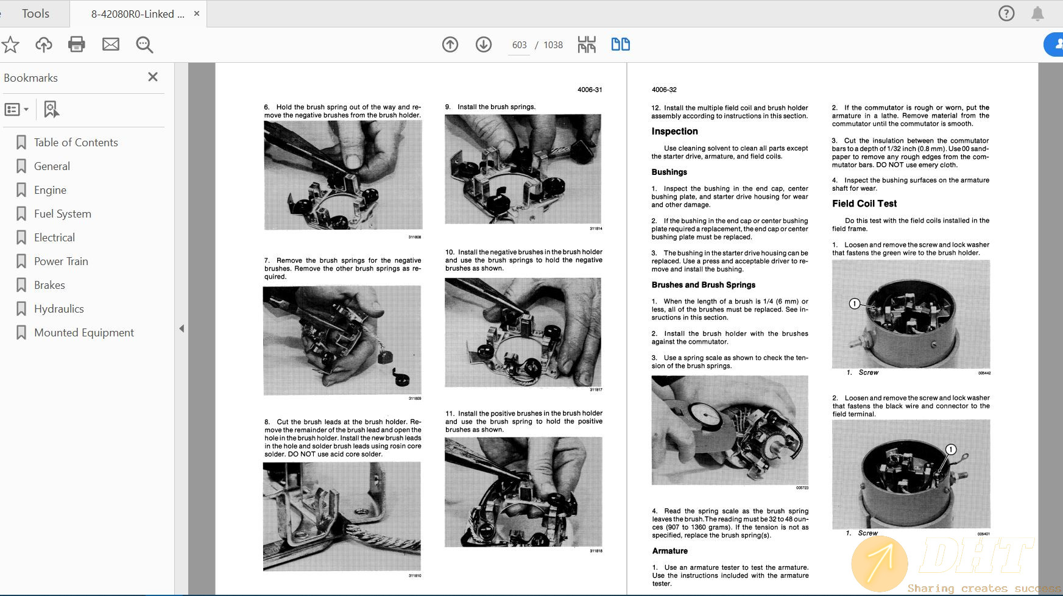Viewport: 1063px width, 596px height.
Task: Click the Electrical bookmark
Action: tap(54, 238)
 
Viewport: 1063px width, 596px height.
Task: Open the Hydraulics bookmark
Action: tap(58, 309)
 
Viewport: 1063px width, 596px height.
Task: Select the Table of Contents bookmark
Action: tap(76, 143)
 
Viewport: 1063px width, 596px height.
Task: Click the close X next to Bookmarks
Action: tap(153, 77)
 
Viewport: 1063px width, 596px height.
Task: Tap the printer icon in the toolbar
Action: tap(77, 44)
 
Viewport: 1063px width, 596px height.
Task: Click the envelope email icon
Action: tap(111, 44)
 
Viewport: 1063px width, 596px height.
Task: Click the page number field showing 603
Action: tap(519, 45)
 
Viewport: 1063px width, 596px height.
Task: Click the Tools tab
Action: tap(35, 13)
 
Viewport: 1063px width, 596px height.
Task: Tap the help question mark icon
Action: tap(1006, 13)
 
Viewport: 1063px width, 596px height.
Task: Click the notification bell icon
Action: tap(1037, 13)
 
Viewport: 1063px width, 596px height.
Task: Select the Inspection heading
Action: tap(674, 132)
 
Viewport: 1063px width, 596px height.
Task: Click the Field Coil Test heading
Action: tap(864, 204)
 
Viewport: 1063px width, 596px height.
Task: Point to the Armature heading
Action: tap(669, 551)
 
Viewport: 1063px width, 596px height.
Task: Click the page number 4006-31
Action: tap(589, 90)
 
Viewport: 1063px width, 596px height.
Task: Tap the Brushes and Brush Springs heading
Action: tap(703, 285)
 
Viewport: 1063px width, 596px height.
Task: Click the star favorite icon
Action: tap(10, 44)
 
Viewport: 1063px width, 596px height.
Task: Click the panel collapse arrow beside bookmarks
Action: tap(182, 328)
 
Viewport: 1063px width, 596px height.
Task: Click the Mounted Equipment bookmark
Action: tap(83, 333)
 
